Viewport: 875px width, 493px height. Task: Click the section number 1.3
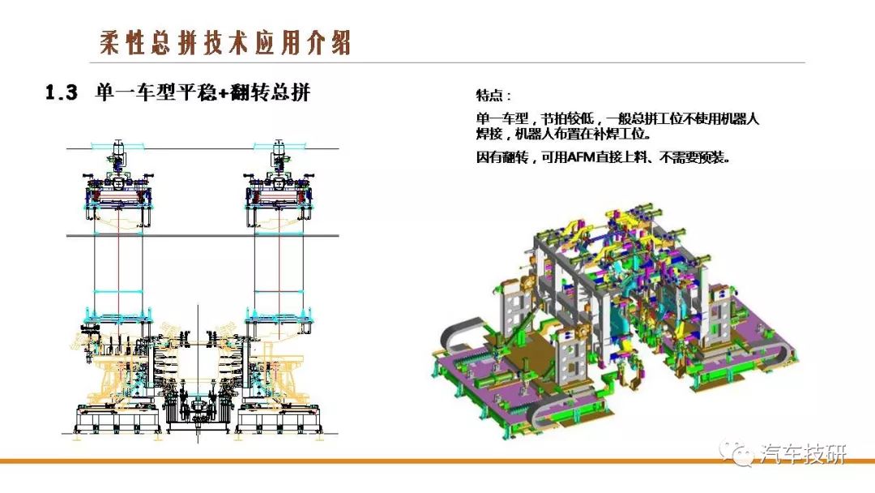coord(62,92)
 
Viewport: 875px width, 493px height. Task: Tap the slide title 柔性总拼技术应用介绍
coord(225,42)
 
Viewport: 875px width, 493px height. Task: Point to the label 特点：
coord(493,96)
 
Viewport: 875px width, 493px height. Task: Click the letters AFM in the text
coord(580,157)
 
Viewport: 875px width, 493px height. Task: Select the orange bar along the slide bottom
coord(437,461)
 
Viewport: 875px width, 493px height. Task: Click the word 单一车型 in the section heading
coord(135,92)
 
